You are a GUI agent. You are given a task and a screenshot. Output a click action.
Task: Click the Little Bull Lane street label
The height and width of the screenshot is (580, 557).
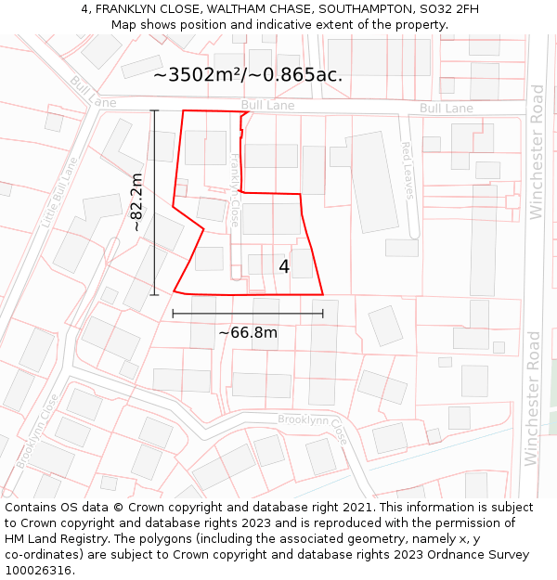(x=59, y=192)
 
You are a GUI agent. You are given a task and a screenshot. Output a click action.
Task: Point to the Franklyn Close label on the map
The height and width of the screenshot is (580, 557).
(x=235, y=191)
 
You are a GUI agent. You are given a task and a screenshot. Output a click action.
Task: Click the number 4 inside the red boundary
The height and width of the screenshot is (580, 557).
(x=284, y=266)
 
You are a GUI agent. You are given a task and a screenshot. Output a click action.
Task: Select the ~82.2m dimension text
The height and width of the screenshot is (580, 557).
(x=136, y=202)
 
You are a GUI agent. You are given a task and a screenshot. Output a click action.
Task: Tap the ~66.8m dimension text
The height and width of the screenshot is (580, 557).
(x=248, y=332)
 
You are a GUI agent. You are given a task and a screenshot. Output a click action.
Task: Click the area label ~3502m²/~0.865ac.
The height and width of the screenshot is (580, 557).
(x=248, y=75)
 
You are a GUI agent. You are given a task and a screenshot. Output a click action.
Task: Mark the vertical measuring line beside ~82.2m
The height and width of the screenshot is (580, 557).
(x=154, y=202)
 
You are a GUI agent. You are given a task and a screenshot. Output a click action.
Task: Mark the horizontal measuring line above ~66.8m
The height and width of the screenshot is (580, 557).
(x=248, y=314)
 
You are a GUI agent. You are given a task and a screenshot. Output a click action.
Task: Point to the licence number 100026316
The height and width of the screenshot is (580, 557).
(x=38, y=571)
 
